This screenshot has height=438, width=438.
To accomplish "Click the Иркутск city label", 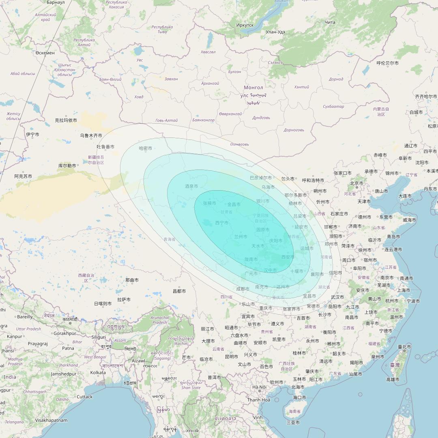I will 245,25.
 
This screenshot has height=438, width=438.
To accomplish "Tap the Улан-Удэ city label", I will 275,32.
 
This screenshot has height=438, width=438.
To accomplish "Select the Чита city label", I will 330,22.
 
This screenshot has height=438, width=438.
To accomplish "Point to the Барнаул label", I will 56,2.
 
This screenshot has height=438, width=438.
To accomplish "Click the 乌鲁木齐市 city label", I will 91,135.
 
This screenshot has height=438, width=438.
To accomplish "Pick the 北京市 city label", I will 356,183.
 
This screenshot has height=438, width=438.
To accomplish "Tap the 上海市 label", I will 404,290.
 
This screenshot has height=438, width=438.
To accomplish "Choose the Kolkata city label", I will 98,372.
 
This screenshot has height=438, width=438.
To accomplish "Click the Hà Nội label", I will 260,387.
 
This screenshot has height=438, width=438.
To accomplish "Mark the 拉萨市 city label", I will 124,300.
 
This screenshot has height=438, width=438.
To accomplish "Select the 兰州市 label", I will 241,236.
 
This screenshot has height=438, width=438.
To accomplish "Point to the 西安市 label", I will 288,257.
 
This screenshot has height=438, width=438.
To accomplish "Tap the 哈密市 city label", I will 146,148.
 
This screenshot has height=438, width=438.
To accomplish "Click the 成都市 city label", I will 243,289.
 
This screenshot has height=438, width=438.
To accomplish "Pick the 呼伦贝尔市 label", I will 387,63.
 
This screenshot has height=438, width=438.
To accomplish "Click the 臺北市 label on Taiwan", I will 404,347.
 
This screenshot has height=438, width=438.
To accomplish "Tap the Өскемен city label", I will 45,53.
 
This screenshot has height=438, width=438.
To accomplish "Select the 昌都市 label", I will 179,291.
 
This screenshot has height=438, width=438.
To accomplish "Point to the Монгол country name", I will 253,88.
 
